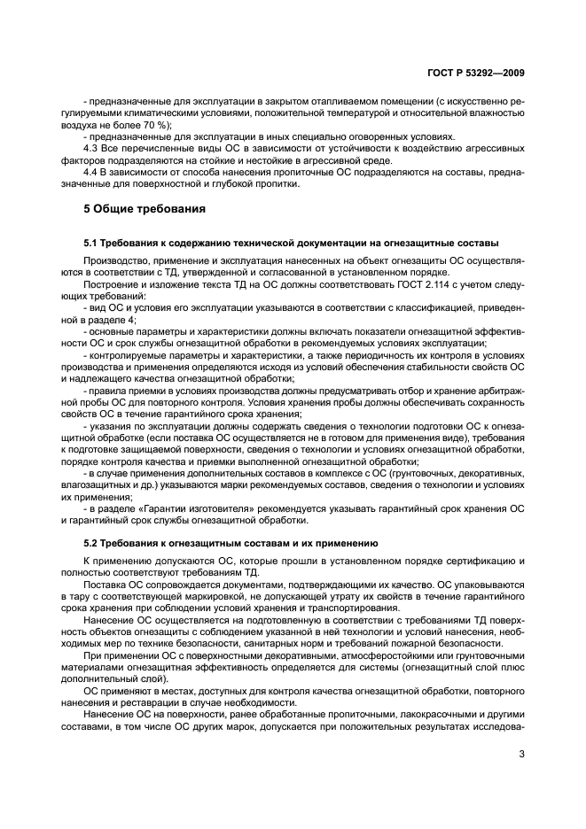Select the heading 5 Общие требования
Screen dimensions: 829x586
click(145, 209)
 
